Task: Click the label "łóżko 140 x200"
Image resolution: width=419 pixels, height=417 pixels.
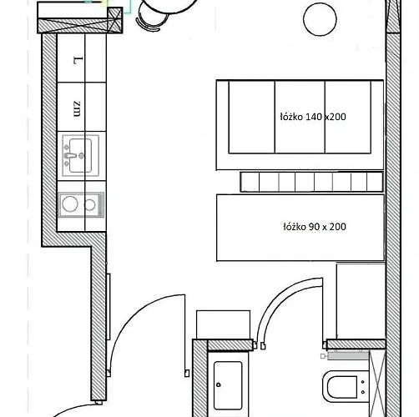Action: click(x=313, y=117)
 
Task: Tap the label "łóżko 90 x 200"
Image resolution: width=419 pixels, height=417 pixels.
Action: click(x=315, y=227)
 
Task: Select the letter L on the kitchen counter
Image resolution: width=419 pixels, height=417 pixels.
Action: click(x=78, y=61)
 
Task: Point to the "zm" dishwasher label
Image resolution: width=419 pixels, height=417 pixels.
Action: click(x=77, y=108)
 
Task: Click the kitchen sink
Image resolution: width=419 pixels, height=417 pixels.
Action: click(x=81, y=156)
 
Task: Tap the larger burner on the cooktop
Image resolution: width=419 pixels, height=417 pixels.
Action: click(x=69, y=203)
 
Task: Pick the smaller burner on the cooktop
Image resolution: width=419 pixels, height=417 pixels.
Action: click(x=89, y=205)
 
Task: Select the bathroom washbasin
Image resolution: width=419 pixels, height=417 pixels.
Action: click(x=228, y=385)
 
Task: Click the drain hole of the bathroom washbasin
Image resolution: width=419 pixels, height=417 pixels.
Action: click(x=219, y=385)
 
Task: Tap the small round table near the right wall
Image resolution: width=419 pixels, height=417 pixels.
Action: click(x=320, y=19)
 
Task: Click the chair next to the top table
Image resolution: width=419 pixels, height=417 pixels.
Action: click(x=152, y=18)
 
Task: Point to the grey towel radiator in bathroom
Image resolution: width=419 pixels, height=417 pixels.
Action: click(x=348, y=355)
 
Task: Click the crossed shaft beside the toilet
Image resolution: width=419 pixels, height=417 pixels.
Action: click(x=377, y=384)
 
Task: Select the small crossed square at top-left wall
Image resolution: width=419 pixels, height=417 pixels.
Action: click(x=114, y=19)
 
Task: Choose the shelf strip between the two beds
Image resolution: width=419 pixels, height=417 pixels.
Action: click(x=311, y=182)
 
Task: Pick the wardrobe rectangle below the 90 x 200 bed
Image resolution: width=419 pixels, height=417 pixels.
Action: click(x=361, y=301)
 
